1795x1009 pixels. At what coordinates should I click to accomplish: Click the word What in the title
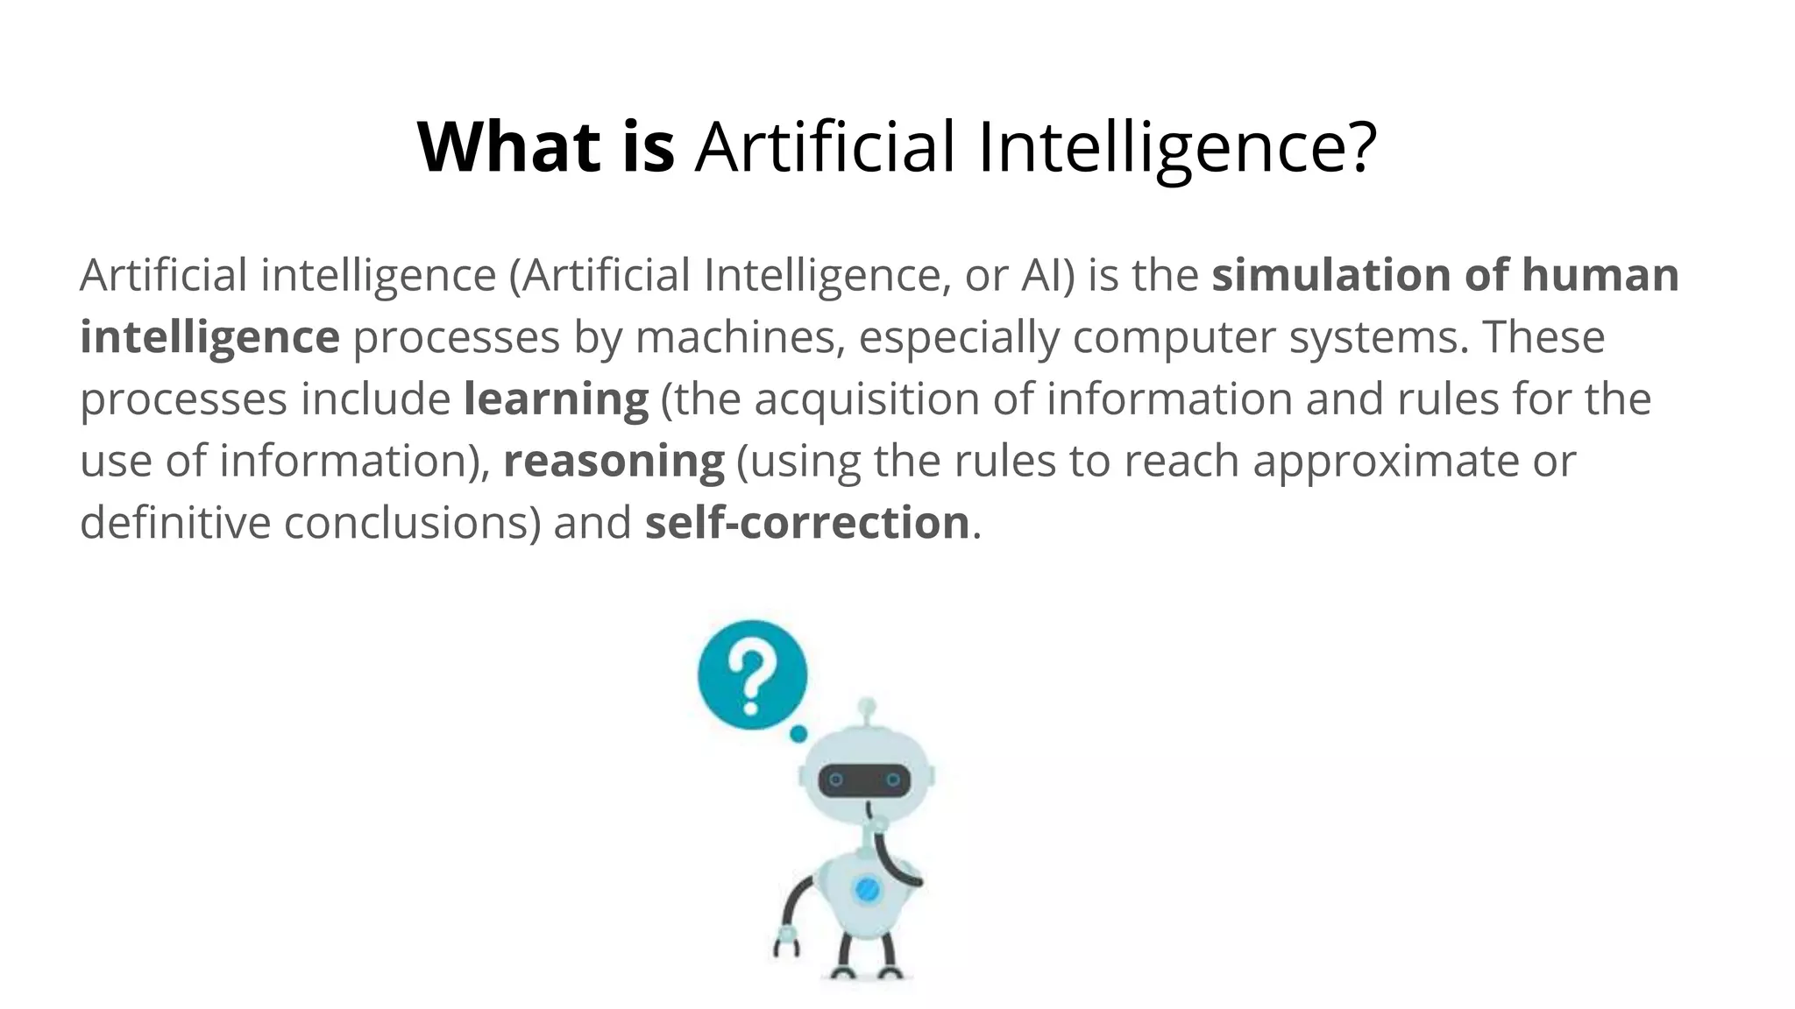(x=508, y=147)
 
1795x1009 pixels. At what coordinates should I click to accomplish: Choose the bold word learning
(x=557, y=399)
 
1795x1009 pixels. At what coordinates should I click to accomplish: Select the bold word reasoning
(x=614, y=462)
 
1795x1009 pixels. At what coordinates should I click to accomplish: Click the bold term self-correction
(x=807, y=523)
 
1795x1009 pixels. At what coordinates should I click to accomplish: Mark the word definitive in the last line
(x=175, y=523)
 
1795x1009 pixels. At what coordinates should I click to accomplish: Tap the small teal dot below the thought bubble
(x=798, y=734)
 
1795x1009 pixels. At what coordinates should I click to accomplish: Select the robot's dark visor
(x=864, y=780)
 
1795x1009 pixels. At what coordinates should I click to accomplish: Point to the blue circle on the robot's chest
(x=867, y=890)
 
